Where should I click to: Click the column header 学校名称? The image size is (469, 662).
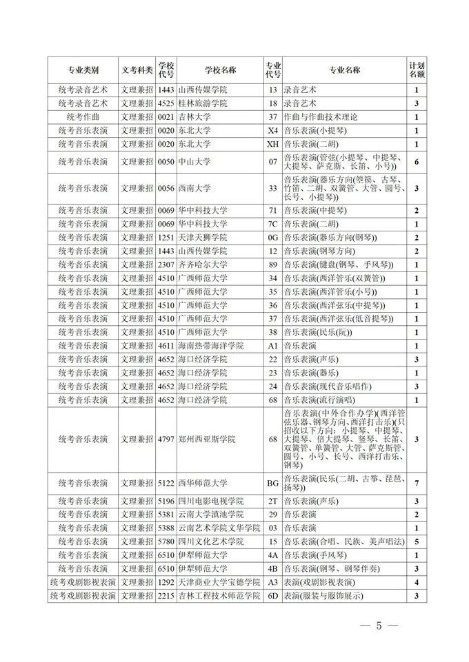point(220,70)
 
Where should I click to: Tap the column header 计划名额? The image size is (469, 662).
point(416,70)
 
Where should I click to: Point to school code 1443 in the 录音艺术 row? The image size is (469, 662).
point(166,90)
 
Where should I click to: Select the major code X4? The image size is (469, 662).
point(272,130)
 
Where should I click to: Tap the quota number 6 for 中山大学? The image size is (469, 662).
point(416,161)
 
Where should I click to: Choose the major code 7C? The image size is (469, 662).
point(272,225)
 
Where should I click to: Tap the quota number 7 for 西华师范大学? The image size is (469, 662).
point(416,483)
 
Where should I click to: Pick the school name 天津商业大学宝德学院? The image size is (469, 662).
point(217,582)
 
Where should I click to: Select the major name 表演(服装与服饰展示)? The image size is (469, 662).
point(323,596)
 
